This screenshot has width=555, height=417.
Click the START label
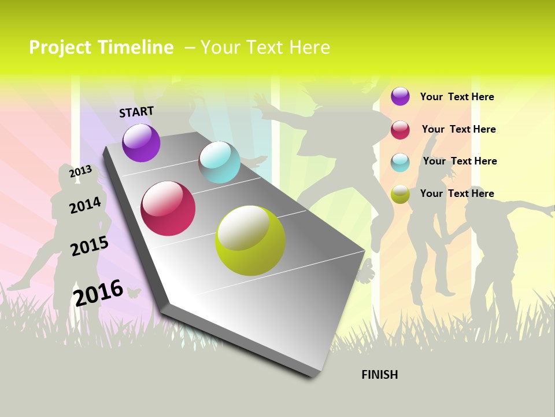136,112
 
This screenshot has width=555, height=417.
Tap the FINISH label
380,375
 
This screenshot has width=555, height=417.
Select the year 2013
80,171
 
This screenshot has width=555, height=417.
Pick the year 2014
85,205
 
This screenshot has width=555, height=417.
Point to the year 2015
90,246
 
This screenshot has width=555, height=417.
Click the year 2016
98,292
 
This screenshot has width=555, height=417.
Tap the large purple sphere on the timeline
141,143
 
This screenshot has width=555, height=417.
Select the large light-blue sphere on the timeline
220,162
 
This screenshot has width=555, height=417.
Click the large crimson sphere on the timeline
168,209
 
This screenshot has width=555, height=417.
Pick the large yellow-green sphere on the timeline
250,240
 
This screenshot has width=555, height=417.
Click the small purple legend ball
400,96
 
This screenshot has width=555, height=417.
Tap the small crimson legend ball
400,130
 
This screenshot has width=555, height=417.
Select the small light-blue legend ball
400,162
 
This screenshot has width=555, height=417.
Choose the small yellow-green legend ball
400,194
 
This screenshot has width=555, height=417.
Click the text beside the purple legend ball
457,97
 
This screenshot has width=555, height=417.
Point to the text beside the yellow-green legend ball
457,193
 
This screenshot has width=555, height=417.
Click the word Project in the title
60,47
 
